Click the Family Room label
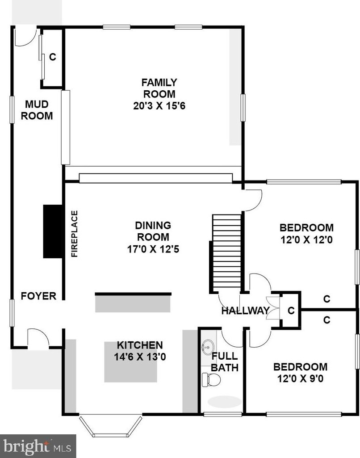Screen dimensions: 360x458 [x=159, y=88]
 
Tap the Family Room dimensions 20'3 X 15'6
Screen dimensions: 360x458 [x=159, y=106]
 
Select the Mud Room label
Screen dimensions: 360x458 [x=37, y=110]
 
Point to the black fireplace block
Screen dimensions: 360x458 [x=53, y=231]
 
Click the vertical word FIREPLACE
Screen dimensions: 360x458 [x=75, y=234]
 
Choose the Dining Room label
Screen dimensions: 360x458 [x=153, y=231]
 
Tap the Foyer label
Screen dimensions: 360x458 [x=38, y=296]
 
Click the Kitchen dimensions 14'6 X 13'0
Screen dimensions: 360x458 [x=140, y=357]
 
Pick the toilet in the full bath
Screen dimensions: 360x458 [x=211, y=380]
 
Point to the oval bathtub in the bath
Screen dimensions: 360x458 [x=225, y=402]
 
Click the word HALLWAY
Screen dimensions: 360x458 [x=245, y=311]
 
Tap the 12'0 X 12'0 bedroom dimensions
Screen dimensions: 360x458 [x=306, y=240]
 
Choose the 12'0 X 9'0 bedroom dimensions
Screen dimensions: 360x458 [x=300, y=378]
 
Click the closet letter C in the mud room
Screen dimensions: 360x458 [x=53, y=57]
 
